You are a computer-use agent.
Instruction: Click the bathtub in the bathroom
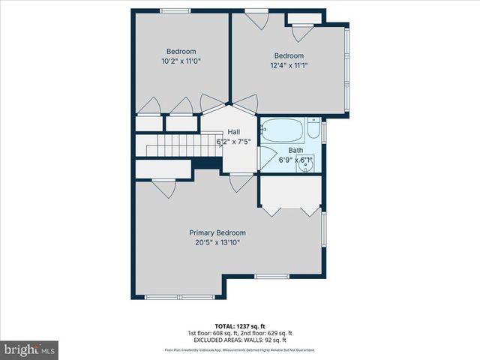tap(283, 131)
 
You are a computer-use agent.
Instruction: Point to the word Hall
tap(234, 132)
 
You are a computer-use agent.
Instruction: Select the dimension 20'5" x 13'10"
tap(217, 242)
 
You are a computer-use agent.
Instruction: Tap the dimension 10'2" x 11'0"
tap(181, 61)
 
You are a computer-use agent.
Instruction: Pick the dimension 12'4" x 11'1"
tap(289, 65)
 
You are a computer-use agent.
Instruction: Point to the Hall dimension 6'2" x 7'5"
tap(234, 141)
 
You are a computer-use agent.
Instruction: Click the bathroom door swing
tap(265, 157)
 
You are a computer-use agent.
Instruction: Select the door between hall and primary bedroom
tap(240, 181)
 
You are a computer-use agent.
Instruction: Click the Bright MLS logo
tap(30, 349)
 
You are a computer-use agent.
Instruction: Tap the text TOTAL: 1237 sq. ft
tap(239, 325)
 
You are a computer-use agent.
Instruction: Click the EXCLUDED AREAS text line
tap(239, 340)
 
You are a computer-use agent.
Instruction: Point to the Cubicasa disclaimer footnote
tap(239, 350)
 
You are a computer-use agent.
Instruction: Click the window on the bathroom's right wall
tap(324, 131)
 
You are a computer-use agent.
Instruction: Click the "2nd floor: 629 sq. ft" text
tap(265, 333)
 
